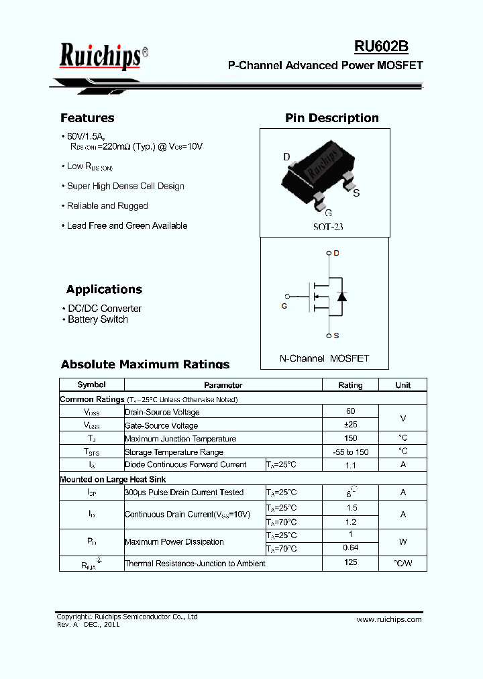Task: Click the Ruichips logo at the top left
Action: pos(101,56)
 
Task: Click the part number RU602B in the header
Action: pos(381,46)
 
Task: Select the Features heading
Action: pos(87,118)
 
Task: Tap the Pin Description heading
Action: pos(331,118)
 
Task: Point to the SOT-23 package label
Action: pos(328,227)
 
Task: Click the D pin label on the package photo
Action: pos(286,158)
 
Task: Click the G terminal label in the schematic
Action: pos(284,306)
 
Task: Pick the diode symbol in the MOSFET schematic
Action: pos(341,296)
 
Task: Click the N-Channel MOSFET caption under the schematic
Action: pos(324,358)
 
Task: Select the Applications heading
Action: pos(104,290)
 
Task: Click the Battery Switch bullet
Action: pos(97,319)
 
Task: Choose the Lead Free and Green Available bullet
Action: pos(127,225)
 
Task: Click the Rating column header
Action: pos(350,385)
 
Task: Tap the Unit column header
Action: pos(402,385)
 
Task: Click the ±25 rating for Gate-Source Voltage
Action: pos(350,425)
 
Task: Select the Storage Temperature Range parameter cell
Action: pos(174,452)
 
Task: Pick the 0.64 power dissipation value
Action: pos(350,548)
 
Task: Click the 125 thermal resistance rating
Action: pos(350,562)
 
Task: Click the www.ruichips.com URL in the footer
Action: pos(389,619)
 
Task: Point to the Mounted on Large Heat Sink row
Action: pos(113,479)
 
